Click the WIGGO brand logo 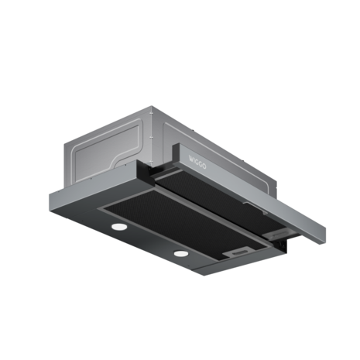coord(197,162)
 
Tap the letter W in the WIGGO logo coord(191,159)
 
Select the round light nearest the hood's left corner coord(119,227)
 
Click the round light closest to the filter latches coord(181,253)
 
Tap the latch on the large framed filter coord(238,252)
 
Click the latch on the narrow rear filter coord(276,234)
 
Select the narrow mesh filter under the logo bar coord(219,200)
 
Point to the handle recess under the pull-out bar coord(255,207)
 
